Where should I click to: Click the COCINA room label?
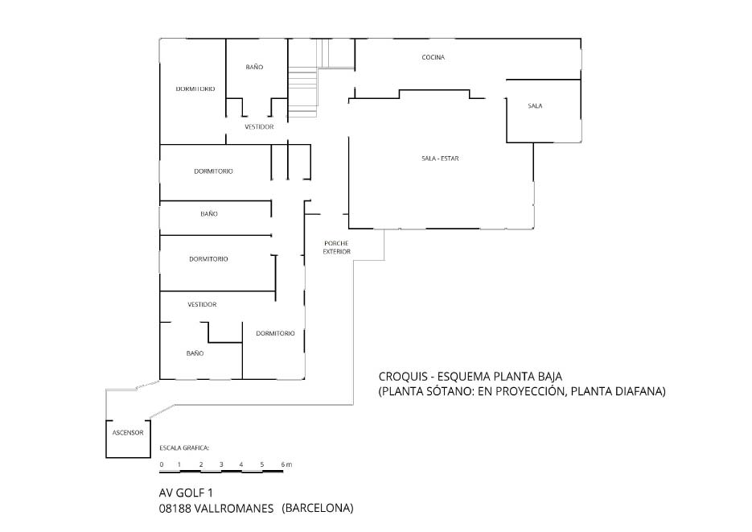pyautogui.click(x=434, y=57)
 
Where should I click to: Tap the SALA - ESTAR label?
pyautogui.click(x=440, y=158)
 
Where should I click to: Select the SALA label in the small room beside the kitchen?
pyautogui.click(x=535, y=106)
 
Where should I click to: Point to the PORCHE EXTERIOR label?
pyautogui.click(x=337, y=247)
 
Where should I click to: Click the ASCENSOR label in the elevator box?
pyautogui.click(x=127, y=432)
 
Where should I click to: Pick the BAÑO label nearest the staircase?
pyautogui.click(x=254, y=68)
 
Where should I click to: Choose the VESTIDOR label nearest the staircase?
pyautogui.click(x=260, y=127)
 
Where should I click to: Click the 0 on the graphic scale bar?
pyautogui.click(x=161, y=464)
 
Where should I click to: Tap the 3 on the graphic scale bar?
pyautogui.click(x=220, y=464)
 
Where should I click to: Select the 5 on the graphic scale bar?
pyautogui.click(x=261, y=464)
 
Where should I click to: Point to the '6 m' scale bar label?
pyautogui.click(x=286, y=464)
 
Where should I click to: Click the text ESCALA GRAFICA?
pyautogui.click(x=185, y=447)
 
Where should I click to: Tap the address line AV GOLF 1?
pyautogui.click(x=187, y=492)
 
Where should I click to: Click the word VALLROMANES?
pyautogui.click(x=236, y=509)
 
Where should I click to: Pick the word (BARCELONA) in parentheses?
pyautogui.click(x=318, y=509)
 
